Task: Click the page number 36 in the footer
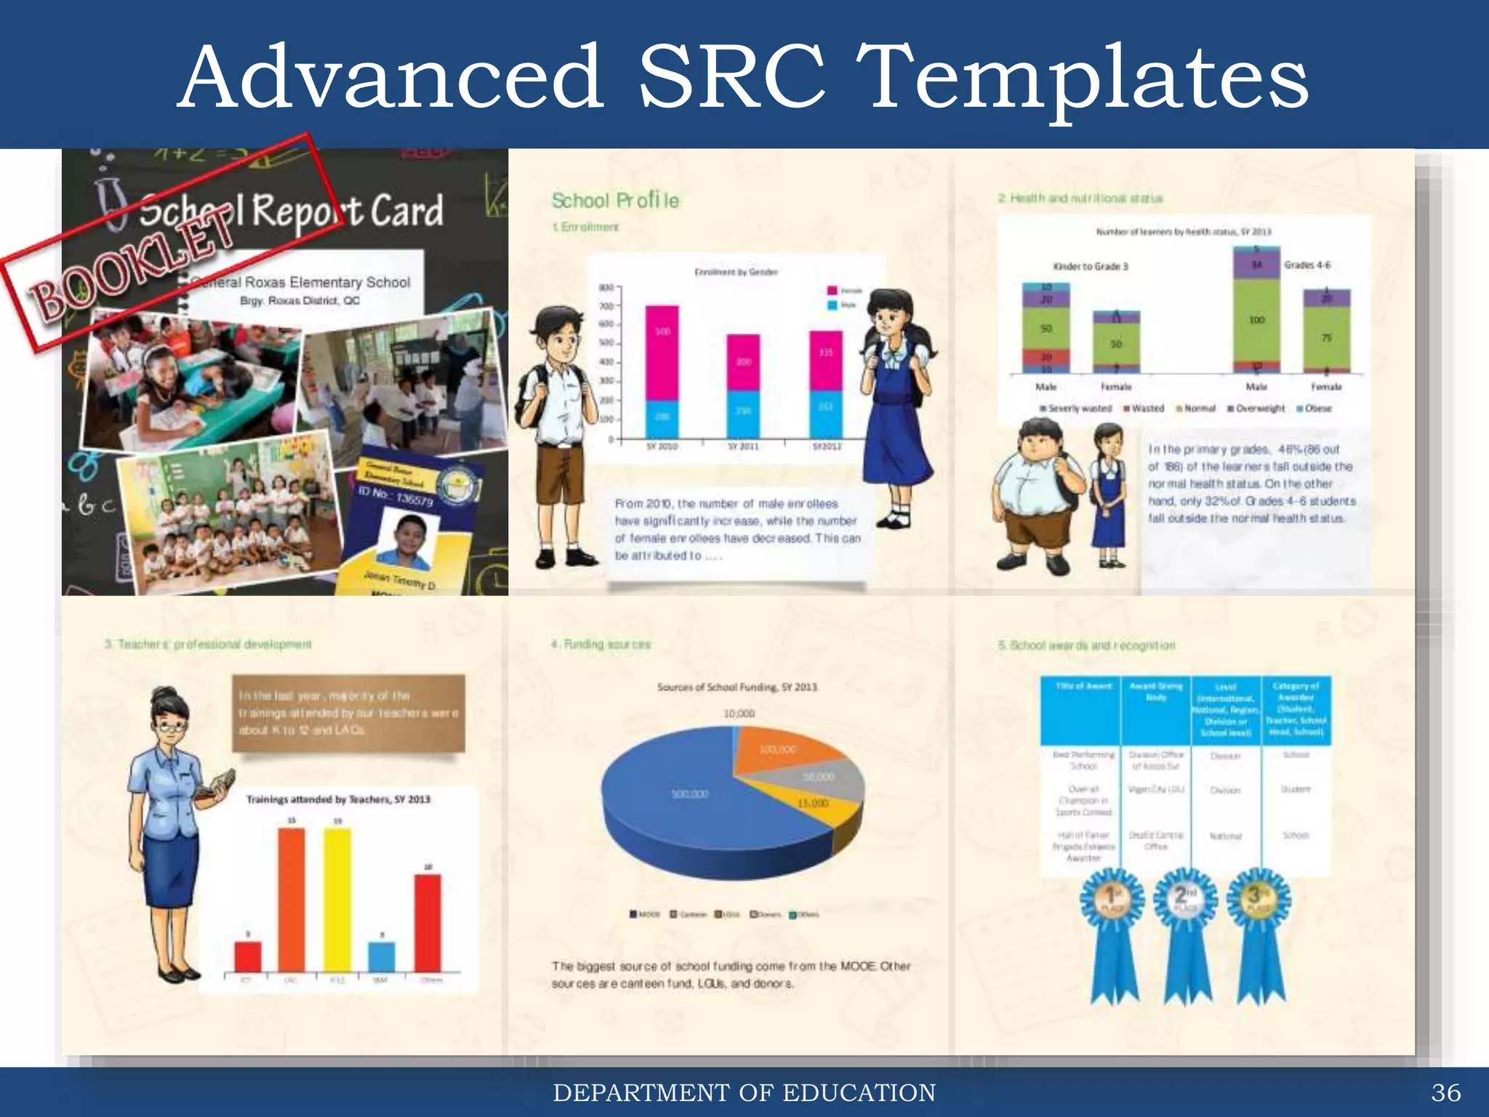click(x=1445, y=1092)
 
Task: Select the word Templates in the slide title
click(x=1088, y=79)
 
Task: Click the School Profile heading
click(x=615, y=200)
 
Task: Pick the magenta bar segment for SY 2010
click(x=662, y=353)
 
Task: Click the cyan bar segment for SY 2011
click(x=744, y=415)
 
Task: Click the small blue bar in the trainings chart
click(x=382, y=956)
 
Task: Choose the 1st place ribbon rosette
click(x=1112, y=902)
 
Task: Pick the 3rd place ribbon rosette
click(x=1259, y=902)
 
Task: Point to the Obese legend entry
click(x=1314, y=409)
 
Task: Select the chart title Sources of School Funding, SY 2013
click(x=737, y=686)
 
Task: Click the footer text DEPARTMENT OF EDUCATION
click(x=744, y=1092)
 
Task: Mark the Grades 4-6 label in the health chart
click(x=1307, y=265)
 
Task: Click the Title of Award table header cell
click(x=1083, y=686)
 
